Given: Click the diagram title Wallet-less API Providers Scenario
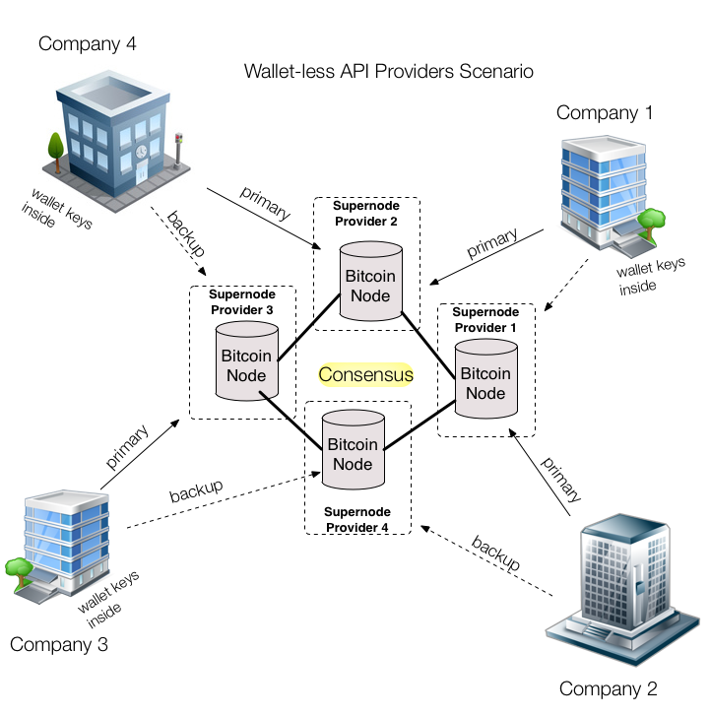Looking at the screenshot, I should pyautogui.click(x=389, y=72).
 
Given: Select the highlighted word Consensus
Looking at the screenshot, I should pyautogui.click(x=365, y=375).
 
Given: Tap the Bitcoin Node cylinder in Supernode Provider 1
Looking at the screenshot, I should pyautogui.click(x=485, y=382).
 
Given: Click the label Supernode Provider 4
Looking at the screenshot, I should pyautogui.click(x=356, y=519).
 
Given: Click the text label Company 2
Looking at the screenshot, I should pyautogui.click(x=608, y=688).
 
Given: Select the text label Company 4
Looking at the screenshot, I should pyautogui.click(x=87, y=43).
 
